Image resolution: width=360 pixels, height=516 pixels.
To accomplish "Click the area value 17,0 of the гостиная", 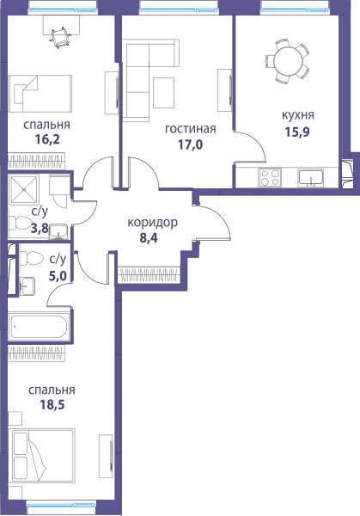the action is tap(191, 144).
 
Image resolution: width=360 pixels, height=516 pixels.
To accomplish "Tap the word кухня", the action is tap(298, 115).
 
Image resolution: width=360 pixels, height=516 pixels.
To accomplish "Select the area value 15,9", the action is tap(297, 132).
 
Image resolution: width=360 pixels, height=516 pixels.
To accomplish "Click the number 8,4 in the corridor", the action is tap(149, 237).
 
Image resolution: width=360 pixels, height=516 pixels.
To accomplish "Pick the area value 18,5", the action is tap(52, 404).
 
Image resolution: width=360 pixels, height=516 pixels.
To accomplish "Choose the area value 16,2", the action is tap(47, 140).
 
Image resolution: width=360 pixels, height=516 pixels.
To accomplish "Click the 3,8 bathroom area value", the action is tap(39, 228).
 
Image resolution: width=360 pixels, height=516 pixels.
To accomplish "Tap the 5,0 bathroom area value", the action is tap(58, 275).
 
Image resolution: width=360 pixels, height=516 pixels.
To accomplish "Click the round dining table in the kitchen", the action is tap(288, 61).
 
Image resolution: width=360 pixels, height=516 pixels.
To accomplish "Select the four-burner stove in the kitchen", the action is tap(270, 177).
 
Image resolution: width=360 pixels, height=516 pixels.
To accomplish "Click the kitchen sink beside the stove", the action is tap(311, 178).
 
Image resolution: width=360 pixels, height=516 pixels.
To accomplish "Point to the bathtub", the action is tap(39, 327).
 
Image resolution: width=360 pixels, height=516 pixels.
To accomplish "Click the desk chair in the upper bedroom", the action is tap(61, 38).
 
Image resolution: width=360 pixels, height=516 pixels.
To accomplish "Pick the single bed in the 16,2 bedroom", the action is tap(40, 94).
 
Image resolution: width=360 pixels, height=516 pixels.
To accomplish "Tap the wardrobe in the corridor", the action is tap(149, 275).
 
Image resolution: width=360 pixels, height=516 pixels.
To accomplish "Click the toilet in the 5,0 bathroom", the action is tap(31, 258).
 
